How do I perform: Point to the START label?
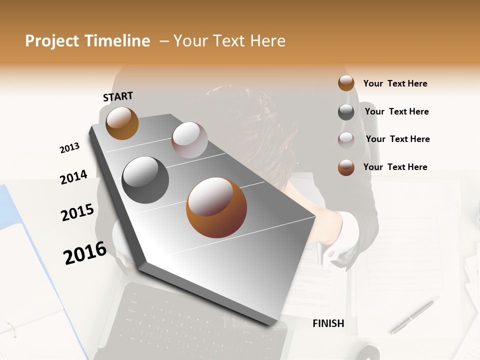(118, 96)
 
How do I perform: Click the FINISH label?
(328, 323)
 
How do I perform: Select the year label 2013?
(69, 148)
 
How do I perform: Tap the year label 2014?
(73, 177)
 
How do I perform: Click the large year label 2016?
(85, 253)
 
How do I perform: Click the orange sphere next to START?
(122, 123)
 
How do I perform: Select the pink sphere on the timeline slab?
(189, 140)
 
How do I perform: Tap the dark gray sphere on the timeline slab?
(145, 180)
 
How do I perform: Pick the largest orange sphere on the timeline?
(216, 207)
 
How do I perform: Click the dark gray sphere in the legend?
(346, 112)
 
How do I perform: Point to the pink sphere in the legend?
(346, 140)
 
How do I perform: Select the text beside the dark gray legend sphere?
(396, 111)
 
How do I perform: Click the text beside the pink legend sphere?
(397, 139)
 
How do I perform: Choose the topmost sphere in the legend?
(346, 83)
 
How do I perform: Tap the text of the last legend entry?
(395, 167)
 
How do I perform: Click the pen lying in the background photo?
(411, 317)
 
